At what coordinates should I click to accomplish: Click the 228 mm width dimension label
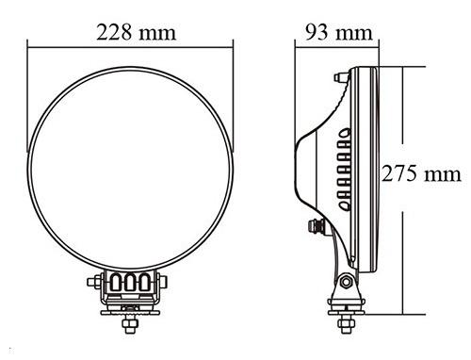[x=136, y=32]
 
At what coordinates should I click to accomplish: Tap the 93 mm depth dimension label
[x=339, y=32]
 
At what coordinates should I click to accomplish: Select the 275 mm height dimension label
[x=421, y=173]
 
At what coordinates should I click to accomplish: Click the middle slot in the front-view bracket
[x=130, y=282]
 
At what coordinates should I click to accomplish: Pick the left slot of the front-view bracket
[x=116, y=282]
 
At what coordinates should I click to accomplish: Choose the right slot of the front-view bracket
[x=145, y=282]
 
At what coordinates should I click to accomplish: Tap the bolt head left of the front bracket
[x=94, y=282]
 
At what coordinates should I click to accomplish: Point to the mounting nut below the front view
[x=130, y=324]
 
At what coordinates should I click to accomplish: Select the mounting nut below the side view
[x=346, y=324]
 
